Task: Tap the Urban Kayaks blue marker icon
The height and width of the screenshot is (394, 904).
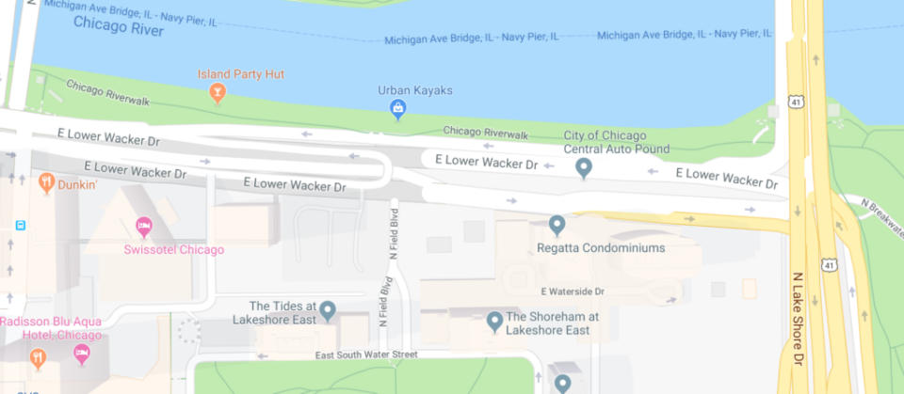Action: [397, 110]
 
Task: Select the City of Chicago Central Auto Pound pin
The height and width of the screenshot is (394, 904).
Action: [584, 168]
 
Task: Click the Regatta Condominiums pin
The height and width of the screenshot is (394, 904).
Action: [557, 225]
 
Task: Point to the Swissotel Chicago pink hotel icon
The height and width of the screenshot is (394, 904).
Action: [143, 226]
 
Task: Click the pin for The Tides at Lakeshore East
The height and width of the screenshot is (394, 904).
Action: [328, 309]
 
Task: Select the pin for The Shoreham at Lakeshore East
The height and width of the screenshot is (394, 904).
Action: [493, 323]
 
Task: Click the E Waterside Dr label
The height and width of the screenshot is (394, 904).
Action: [586, 292]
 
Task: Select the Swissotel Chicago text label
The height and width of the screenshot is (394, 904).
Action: [174, 250]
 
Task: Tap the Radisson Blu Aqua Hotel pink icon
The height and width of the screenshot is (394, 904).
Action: [82, 354]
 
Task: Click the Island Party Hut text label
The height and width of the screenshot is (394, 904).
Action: [241, 73]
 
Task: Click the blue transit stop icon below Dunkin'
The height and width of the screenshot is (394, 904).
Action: [20, 226]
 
